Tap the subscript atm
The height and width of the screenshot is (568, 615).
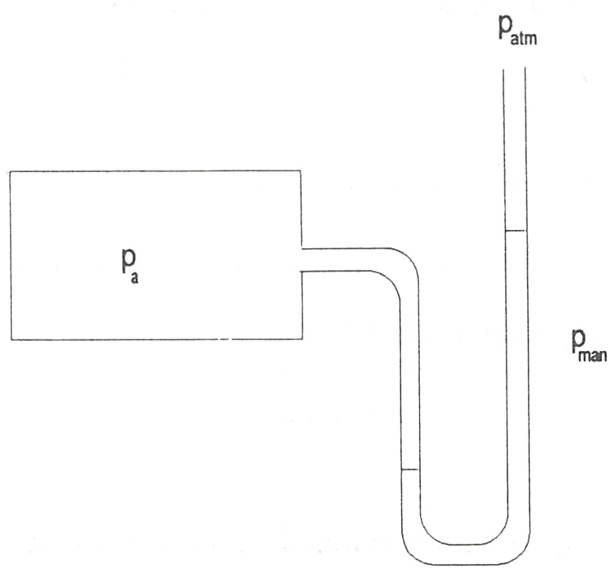click(x=524, y=38)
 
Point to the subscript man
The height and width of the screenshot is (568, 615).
click(x=595, y=355)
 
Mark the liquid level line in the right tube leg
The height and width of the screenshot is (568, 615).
click(x=515, y=231)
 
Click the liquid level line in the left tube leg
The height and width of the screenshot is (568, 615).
click(x=410, y=469)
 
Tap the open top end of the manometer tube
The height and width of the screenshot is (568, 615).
click(x=514, y=69)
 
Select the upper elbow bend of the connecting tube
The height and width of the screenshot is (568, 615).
click(x=404, y=267)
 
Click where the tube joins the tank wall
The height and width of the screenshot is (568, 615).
click(x=301, y=260)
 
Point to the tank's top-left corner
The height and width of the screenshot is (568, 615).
click(x=11, y=171)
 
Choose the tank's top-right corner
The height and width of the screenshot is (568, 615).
click(x=300, y=171)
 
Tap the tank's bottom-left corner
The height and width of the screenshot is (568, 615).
click(x=11, y=339)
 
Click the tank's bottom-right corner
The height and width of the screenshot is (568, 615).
click(x=302, y=339)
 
